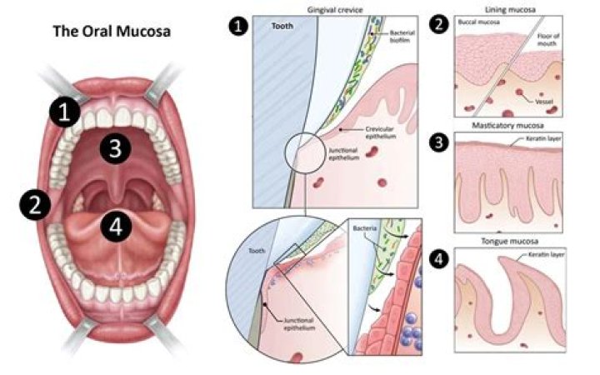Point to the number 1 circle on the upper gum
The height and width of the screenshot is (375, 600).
point(64,111)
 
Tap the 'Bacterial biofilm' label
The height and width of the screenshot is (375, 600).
point(403,37)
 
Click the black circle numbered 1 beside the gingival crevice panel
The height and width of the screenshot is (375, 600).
point(239,27)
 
